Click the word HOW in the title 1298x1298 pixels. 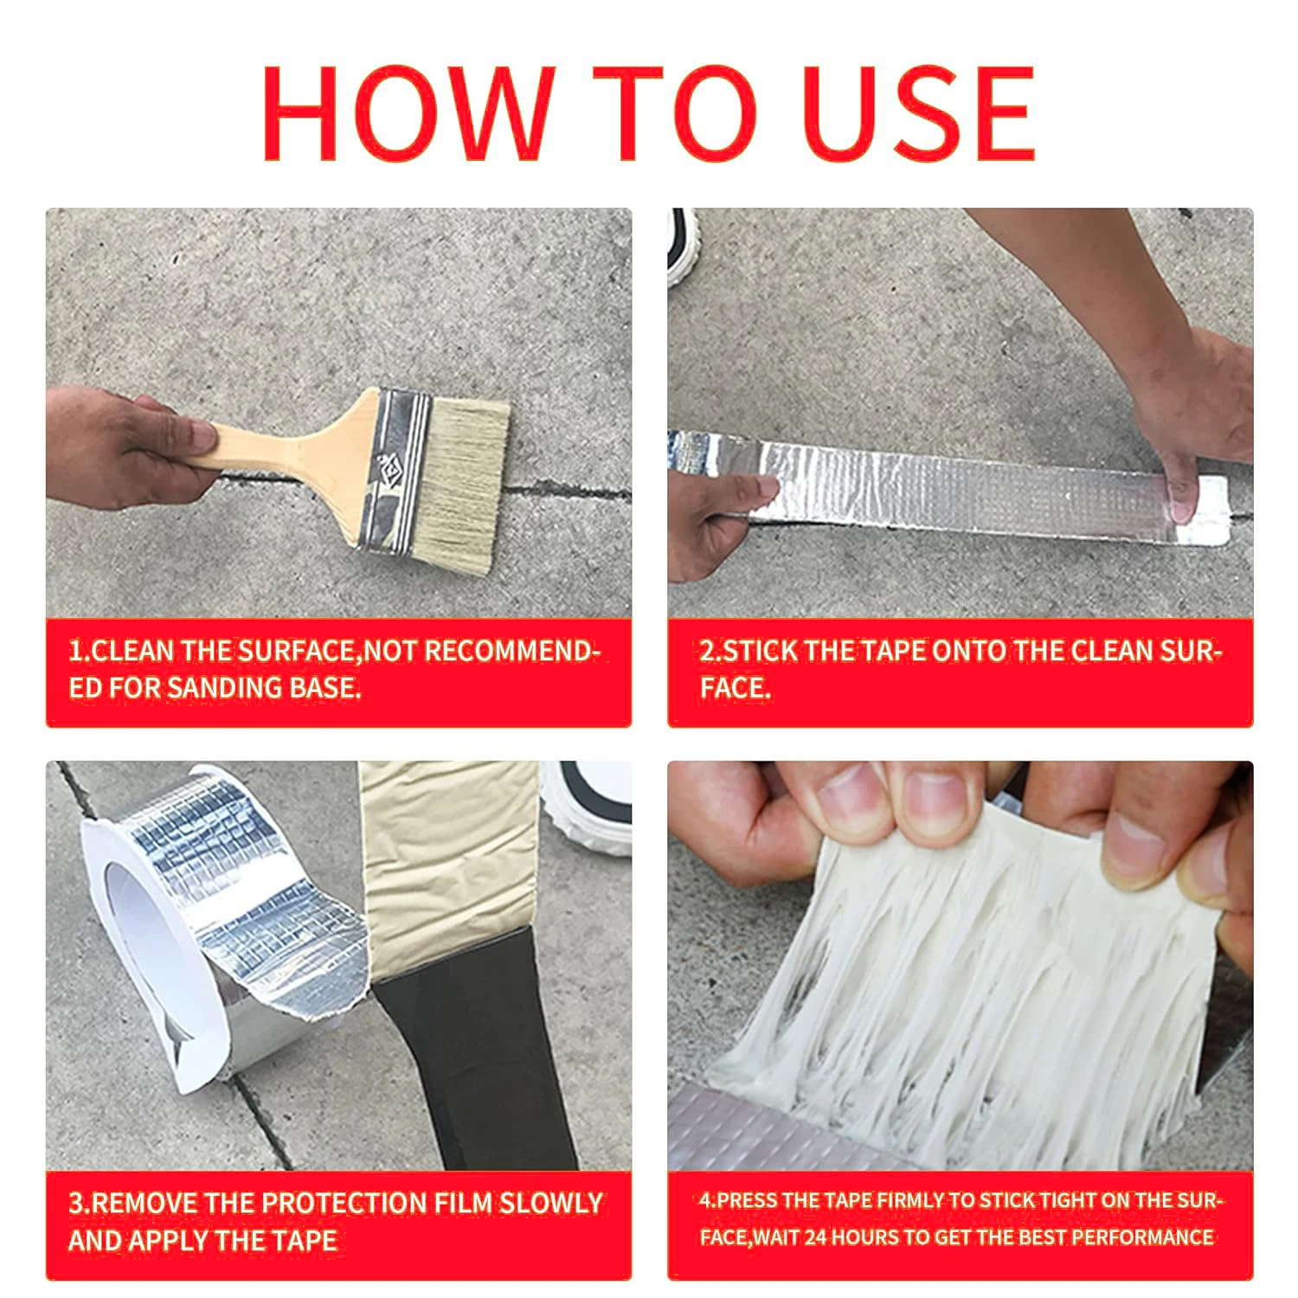tap(408, 113)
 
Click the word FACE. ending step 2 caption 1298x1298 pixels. tap(735, 688)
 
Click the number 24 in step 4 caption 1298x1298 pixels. tap(816, 1237)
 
